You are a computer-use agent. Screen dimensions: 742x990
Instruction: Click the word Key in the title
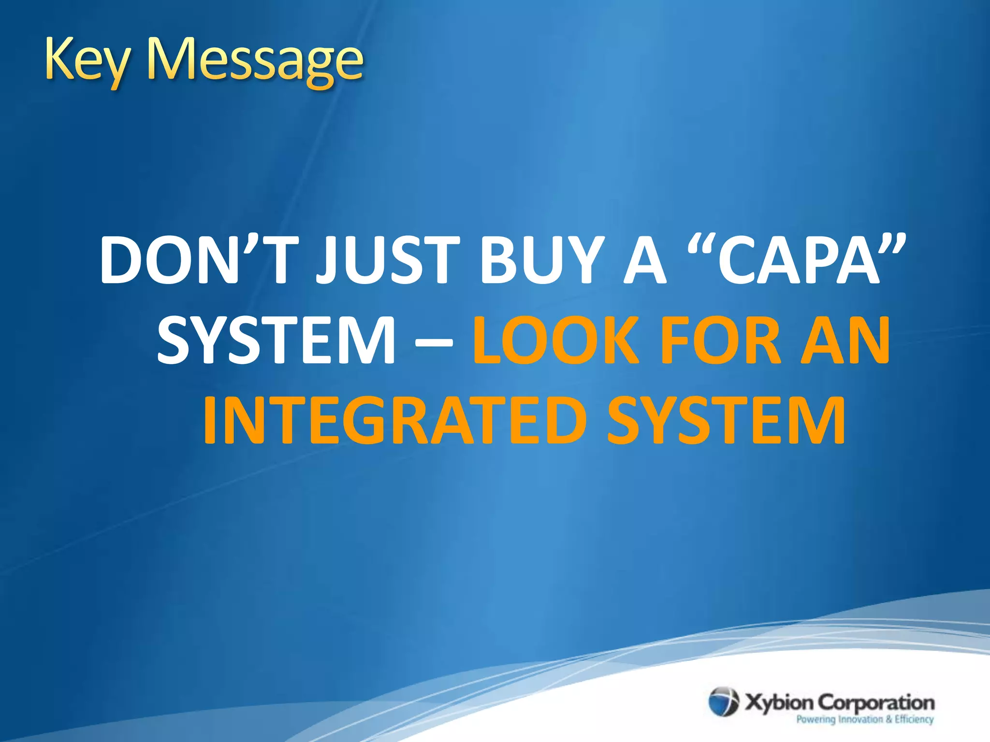(87, 60)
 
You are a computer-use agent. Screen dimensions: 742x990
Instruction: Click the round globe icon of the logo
(724, 702)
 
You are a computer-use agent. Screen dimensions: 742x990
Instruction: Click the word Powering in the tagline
(815, 719)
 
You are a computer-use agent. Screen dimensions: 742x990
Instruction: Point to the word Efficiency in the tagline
(914, 719)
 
